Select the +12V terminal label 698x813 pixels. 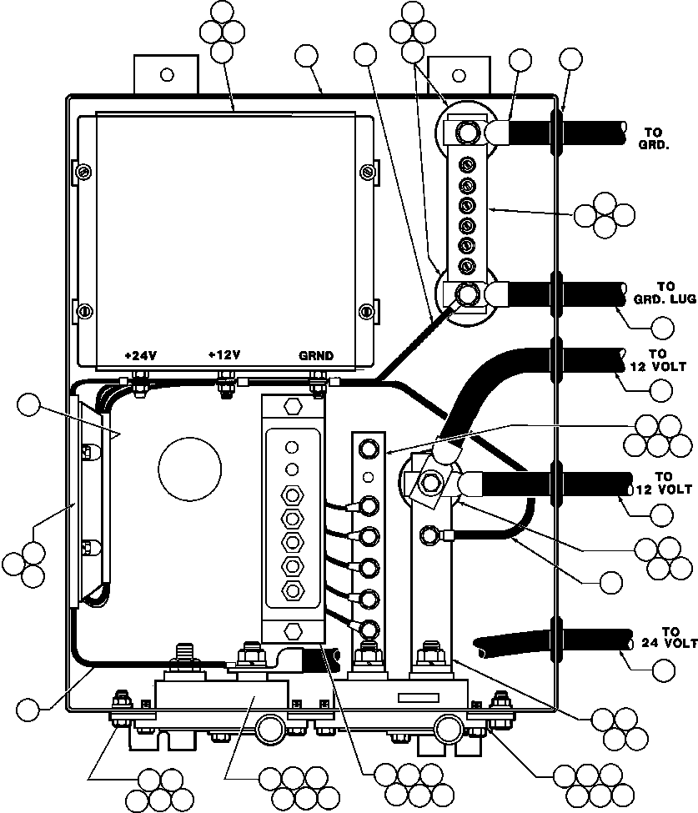click(x=224, y=355)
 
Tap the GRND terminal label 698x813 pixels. click(x=316, y=355)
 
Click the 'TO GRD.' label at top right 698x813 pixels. click(x=658, y=137)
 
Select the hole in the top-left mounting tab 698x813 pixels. click(x=167, y=74)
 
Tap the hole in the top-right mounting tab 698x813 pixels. click(x=457, y=74)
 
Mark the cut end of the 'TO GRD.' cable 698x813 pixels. click(x=622, y=132)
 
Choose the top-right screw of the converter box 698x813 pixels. click(x=367, y=172)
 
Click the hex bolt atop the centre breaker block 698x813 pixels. click(x=292, y=408)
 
